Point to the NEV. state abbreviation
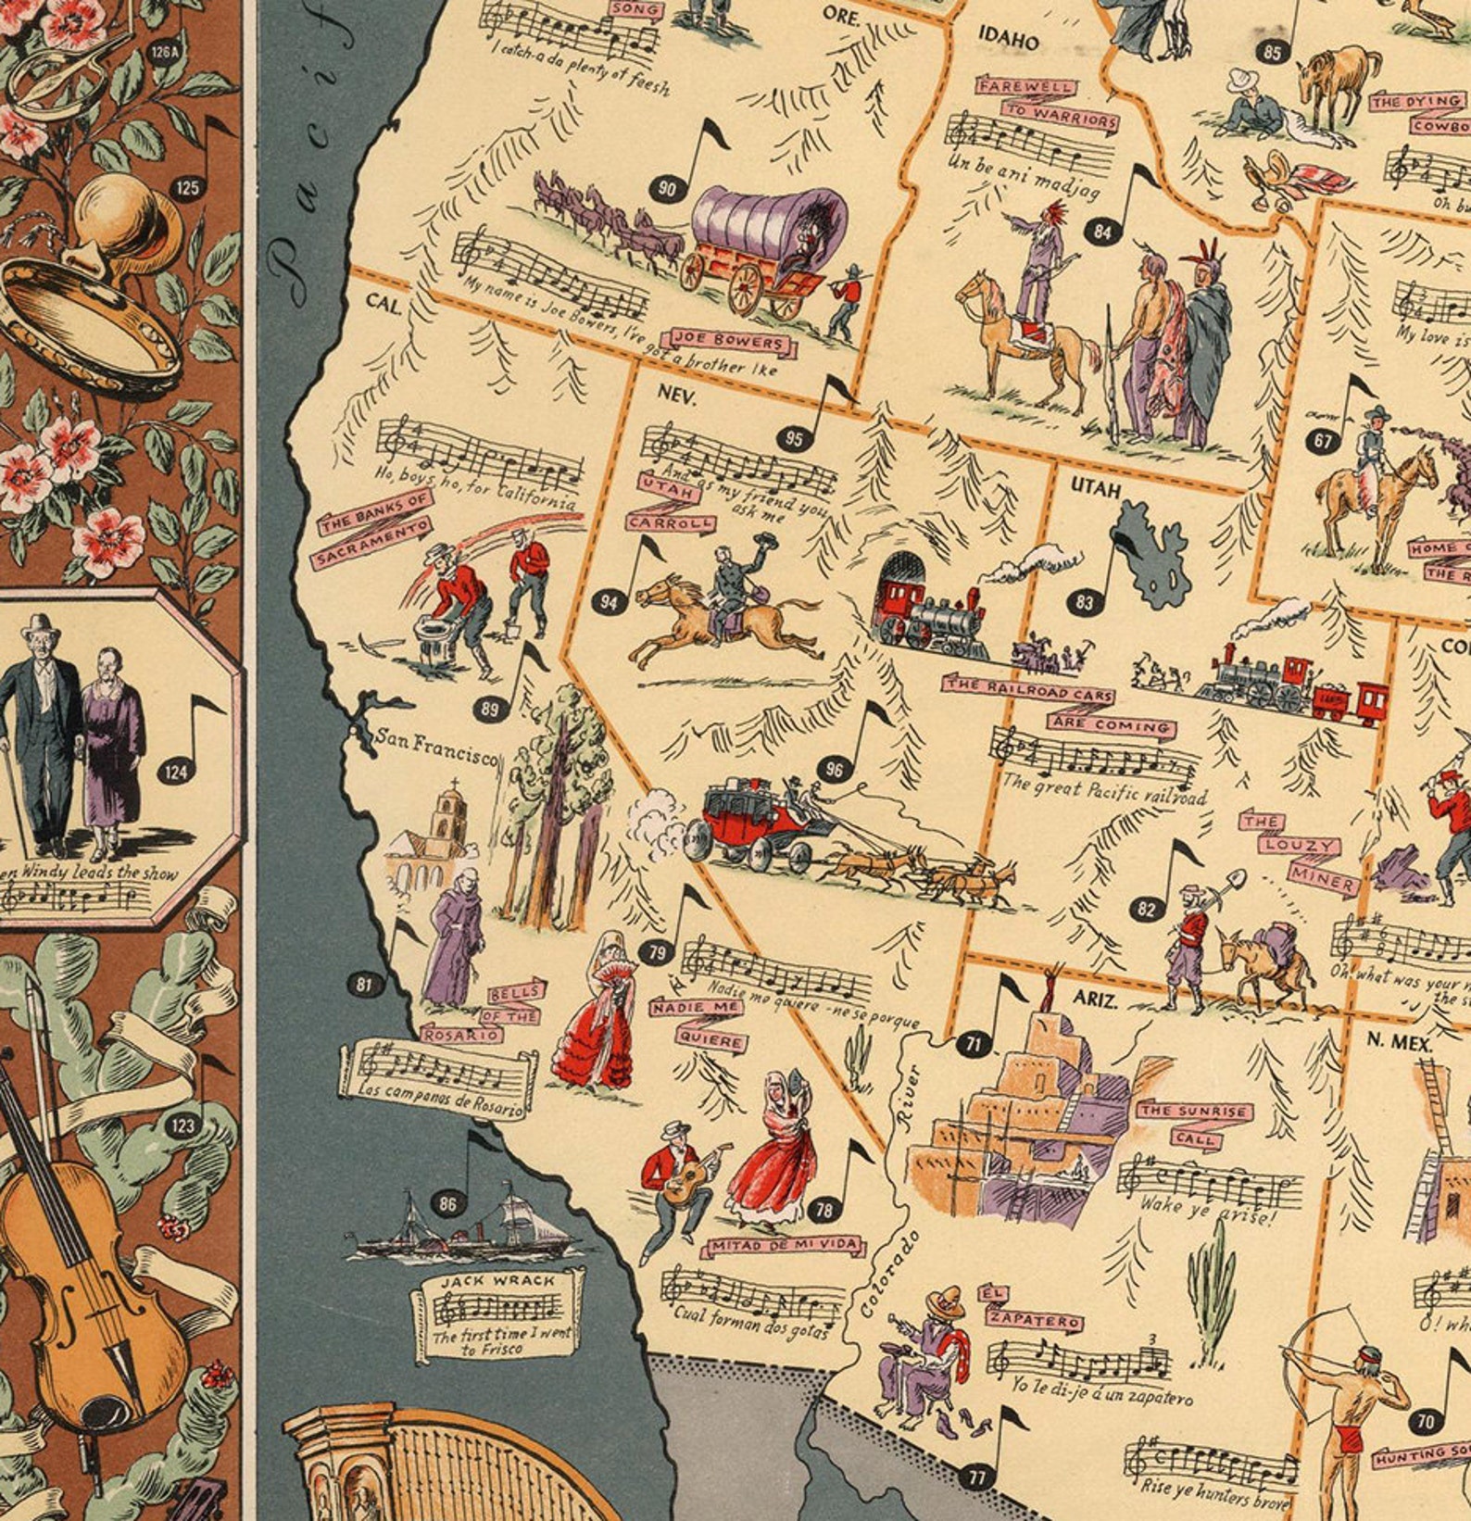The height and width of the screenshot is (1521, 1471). click(x=677, y=393)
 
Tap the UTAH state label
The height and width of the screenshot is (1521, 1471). click(x=1096, y=487)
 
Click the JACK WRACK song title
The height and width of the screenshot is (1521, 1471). click(x=497, y=1280)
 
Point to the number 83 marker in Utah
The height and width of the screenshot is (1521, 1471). click(x=1085, y=603)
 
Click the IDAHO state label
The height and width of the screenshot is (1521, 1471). click(x=1009, y=40)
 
